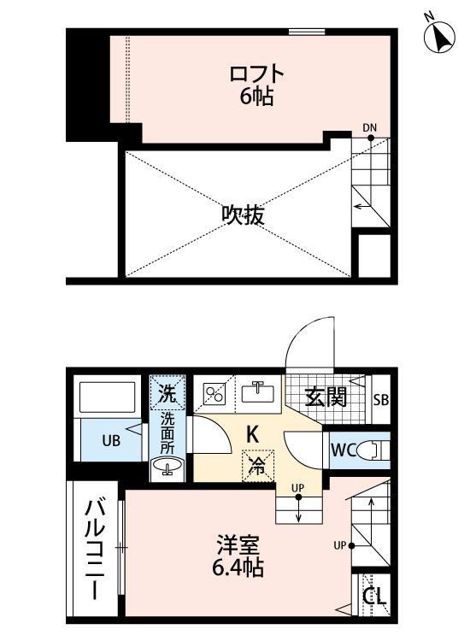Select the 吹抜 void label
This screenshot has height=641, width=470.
click(x=243, y=215)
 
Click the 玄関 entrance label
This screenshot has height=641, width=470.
click(x=326, y=397)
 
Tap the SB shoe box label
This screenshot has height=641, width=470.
click(x=381, y=398)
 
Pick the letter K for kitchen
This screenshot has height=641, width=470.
click(x=253, y=434)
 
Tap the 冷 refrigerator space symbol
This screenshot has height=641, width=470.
click(x=255, y=466)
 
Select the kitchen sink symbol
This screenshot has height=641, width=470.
click(x=255, y=391)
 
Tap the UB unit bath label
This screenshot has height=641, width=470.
click(x=111, y=442)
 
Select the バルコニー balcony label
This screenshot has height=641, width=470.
click(x=94, y=551)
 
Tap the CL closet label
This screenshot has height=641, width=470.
click(x=373, y=597)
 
